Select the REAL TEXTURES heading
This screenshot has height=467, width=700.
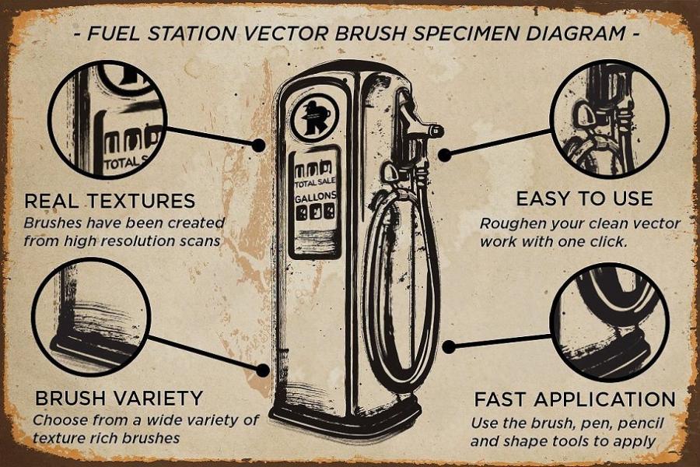[110, 201]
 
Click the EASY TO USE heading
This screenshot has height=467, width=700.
[584, 199]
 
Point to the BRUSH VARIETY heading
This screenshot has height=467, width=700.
[119, 399]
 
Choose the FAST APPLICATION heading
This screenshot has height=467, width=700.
[575, 399]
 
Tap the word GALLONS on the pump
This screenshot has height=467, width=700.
[316, 197]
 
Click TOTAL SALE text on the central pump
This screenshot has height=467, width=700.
[315, 182]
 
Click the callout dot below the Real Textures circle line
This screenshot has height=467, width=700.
[258, 144]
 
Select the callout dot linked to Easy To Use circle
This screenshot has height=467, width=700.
[444, 155]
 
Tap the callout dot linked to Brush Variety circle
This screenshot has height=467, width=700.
[263, 370]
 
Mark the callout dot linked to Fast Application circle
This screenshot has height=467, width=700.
[449, 346]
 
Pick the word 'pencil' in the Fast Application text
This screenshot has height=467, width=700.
[641, 423]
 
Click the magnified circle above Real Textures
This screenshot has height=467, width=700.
[108, 120]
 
